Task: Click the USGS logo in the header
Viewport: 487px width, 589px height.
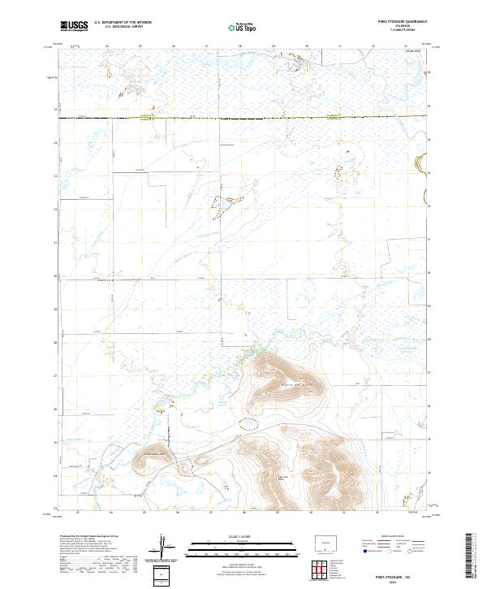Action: click(74, 27)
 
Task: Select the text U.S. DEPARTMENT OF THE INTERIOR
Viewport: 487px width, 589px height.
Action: click(123, 24)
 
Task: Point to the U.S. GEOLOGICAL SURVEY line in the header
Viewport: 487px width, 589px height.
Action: click(123, 28)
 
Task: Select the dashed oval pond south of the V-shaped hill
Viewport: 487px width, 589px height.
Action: click(248, 422)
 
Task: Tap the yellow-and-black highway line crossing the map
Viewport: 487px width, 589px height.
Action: click(243, 119)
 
